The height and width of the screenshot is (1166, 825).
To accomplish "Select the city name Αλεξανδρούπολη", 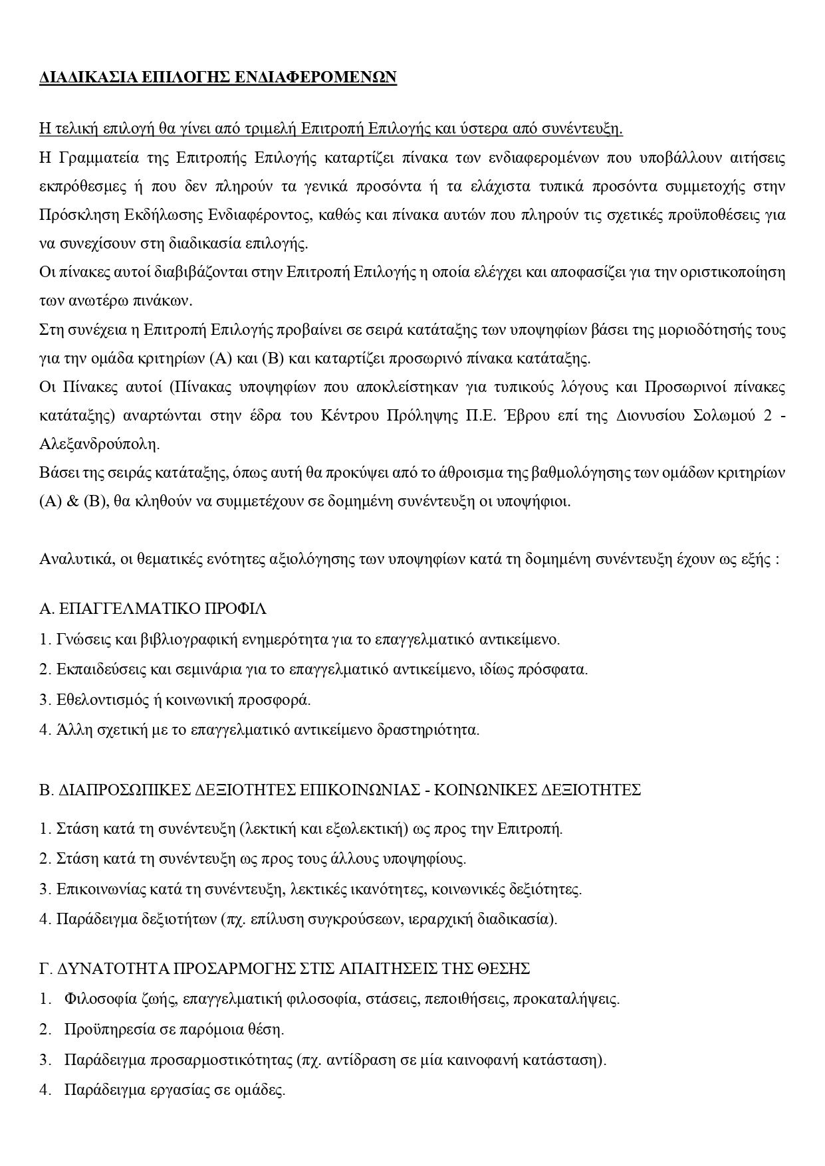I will point(99,443).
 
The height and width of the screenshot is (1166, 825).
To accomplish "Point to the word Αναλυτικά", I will point(71,559).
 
